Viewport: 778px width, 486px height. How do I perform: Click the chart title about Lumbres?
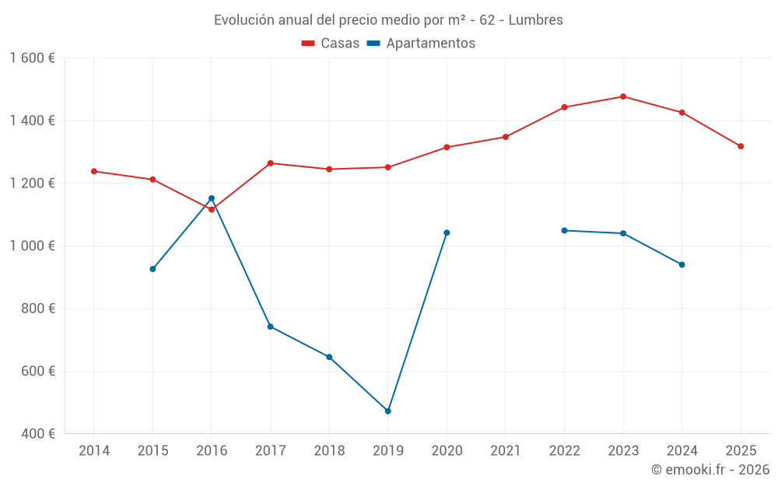[x=388, y=19]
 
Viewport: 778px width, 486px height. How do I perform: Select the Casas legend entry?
[x=331, y=43]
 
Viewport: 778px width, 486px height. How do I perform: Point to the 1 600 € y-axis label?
[x=32, y=58]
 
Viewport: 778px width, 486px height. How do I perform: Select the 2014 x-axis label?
[x=94, y=450]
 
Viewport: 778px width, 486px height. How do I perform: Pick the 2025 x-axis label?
[x=741, y=450]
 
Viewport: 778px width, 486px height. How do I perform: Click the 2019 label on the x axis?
[x=388, y=450]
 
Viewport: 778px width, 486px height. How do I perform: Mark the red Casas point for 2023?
[x=623, y=96]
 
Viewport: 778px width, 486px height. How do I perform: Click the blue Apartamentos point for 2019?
[x=388, y=411]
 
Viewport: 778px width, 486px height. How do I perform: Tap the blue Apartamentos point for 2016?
[x=212, y=198]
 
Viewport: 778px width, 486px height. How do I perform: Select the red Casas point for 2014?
[x=94, y=171]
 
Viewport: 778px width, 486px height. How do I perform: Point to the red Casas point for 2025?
[x=741, y=146]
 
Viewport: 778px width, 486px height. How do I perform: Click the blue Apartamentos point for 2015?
[x=152, y=269]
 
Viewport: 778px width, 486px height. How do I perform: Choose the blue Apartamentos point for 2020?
[x=447, y=233]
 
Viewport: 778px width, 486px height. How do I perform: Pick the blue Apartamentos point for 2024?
[x=682, y=264]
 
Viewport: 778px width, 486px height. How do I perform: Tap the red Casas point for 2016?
[x=212, y=209]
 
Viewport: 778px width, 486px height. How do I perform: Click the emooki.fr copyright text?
[x=710, y=470]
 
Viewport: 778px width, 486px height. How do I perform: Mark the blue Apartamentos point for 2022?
[x=564, y=230]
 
